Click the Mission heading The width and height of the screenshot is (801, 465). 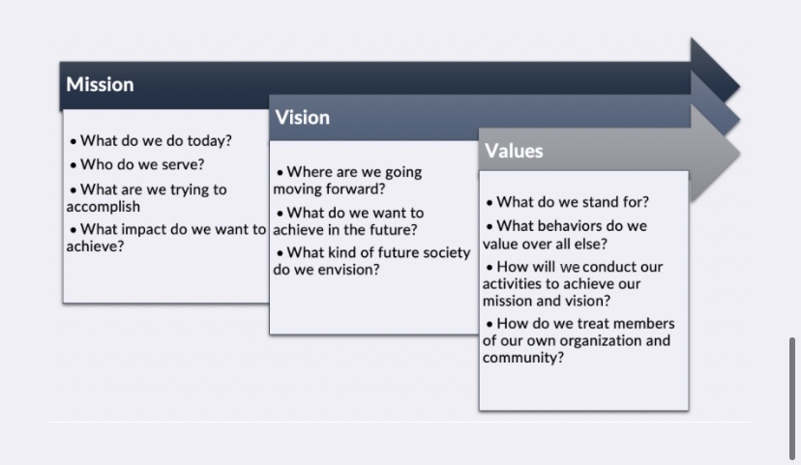point(100,85)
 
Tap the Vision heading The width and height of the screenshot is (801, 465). point(303,118)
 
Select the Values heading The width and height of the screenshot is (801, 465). point(514,151)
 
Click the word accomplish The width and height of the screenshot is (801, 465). point(103,207)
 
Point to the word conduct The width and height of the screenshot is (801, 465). point(608,267)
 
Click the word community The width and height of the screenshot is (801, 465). point(523,358)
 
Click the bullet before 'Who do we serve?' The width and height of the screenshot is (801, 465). point(74,165)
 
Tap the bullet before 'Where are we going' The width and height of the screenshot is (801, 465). point(280,172)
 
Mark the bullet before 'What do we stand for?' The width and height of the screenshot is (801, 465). point(489,203)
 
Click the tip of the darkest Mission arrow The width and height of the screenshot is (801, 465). point(740,87)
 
